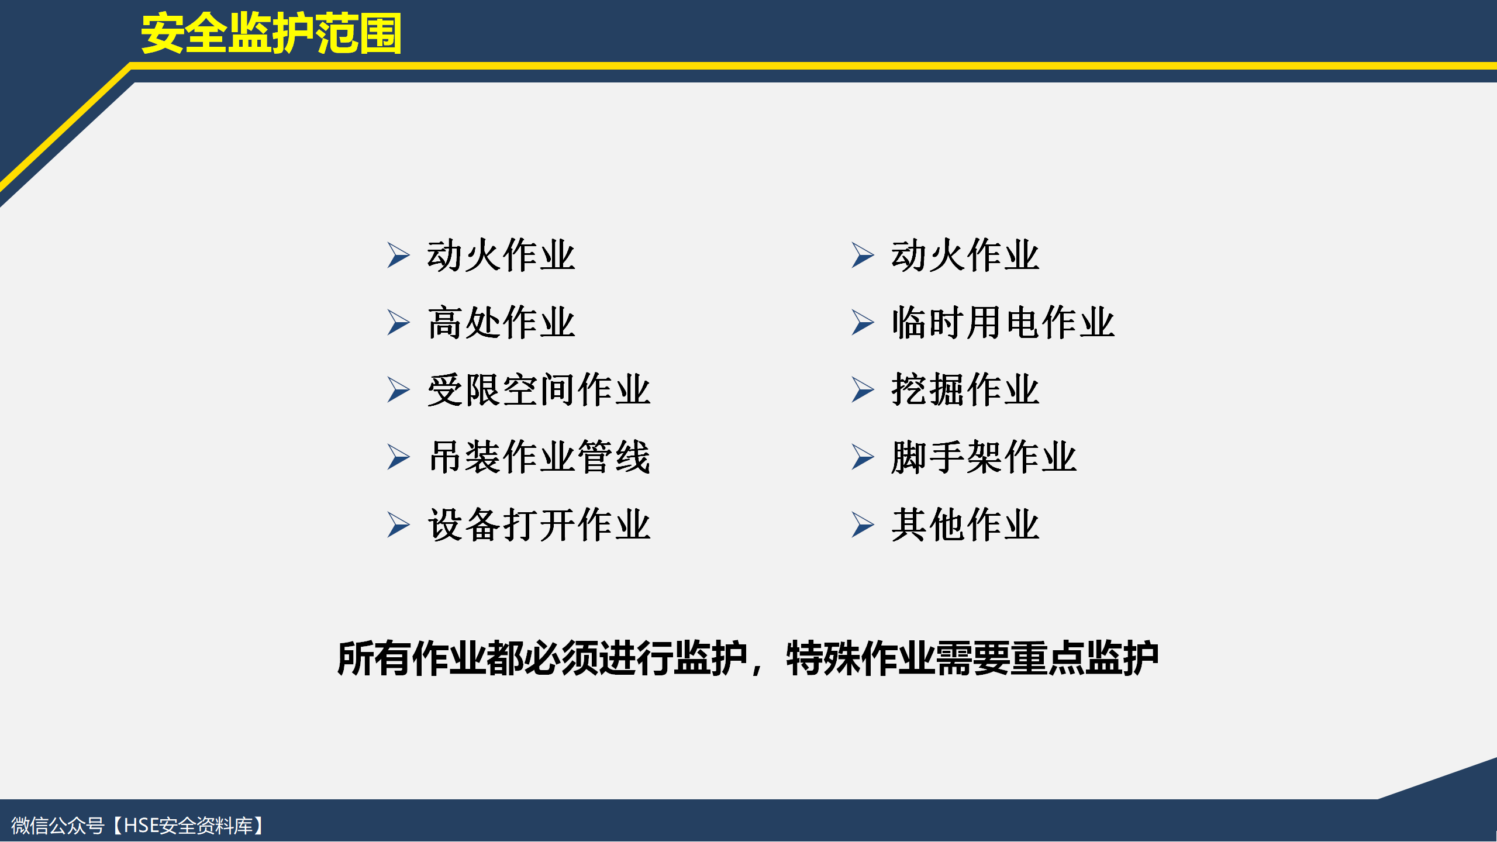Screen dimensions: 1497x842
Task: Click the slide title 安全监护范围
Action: pos(271,34)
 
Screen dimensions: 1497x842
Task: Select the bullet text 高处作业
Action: pos(502,323)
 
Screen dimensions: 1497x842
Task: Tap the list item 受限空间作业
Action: pos(539,390)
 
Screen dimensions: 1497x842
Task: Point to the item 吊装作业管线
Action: pos(539,457)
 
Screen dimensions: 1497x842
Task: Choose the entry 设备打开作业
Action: pos(539,524)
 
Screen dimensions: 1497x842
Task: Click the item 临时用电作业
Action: pos(1003,323)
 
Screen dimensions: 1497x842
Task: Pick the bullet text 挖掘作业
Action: pos(965,390)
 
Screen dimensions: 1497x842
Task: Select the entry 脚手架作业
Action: pos(984,457)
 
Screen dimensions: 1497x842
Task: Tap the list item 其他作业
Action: pos(965,524)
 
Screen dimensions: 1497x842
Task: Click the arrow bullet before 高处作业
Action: pos(398,323)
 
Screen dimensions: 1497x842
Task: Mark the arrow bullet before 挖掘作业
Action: pos(863,390)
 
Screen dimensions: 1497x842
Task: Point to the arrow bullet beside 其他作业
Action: pos(863,524)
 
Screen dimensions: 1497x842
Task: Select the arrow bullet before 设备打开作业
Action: pos(398,524)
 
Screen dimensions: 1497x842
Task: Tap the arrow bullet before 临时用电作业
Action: pos(863,323)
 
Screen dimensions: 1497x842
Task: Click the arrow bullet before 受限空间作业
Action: pos(398,390)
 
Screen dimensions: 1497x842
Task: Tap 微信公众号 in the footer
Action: pos(58,826)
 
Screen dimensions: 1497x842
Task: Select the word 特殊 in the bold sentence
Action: pos(823,659)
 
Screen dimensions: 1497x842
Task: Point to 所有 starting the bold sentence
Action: pos(374,659)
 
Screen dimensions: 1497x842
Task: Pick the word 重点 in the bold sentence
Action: pos(1048,659)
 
